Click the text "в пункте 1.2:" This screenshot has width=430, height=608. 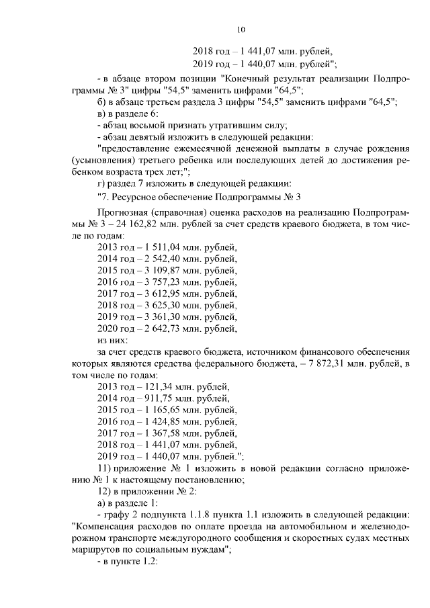128,561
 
